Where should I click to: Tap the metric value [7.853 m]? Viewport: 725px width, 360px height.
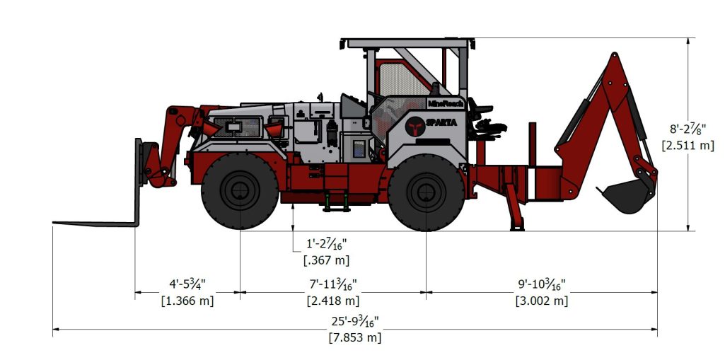tap(354, 337)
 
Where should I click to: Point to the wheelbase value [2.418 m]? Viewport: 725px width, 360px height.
tap(332, 301)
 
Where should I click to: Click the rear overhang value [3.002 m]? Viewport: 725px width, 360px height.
tap(542, 301)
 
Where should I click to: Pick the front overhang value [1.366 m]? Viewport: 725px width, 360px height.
tap(187, 301)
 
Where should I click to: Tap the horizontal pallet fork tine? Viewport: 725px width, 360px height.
tap(95, 223)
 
